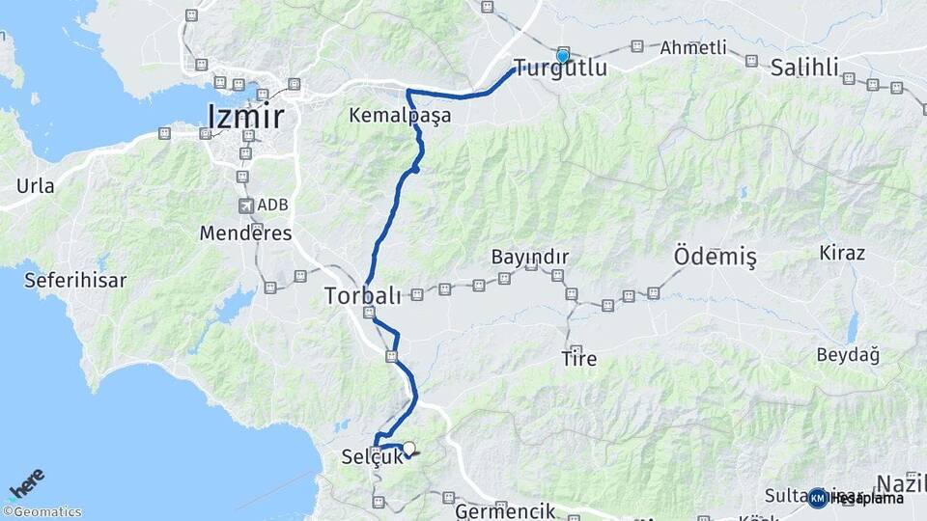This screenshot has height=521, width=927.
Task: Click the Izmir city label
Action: click(245, 117)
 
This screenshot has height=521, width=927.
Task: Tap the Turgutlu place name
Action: click(560, 69)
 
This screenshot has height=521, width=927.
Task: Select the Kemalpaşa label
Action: click(400, 116)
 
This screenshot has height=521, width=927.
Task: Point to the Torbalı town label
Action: click(362, 294)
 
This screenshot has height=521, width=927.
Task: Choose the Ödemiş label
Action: click(714, 257)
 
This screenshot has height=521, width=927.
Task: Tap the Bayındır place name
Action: click(529, 257)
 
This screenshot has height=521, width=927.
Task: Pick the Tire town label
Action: click(578, 359)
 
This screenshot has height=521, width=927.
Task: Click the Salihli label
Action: click(804, 68)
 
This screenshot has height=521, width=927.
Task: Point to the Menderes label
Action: click(245, 233)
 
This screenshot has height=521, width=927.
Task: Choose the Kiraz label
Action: click(842, 253)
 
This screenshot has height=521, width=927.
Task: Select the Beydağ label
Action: click(848, 355)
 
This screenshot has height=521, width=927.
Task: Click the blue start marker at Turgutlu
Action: click(562, 56)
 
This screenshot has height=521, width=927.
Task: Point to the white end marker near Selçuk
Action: click(408, 449)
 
